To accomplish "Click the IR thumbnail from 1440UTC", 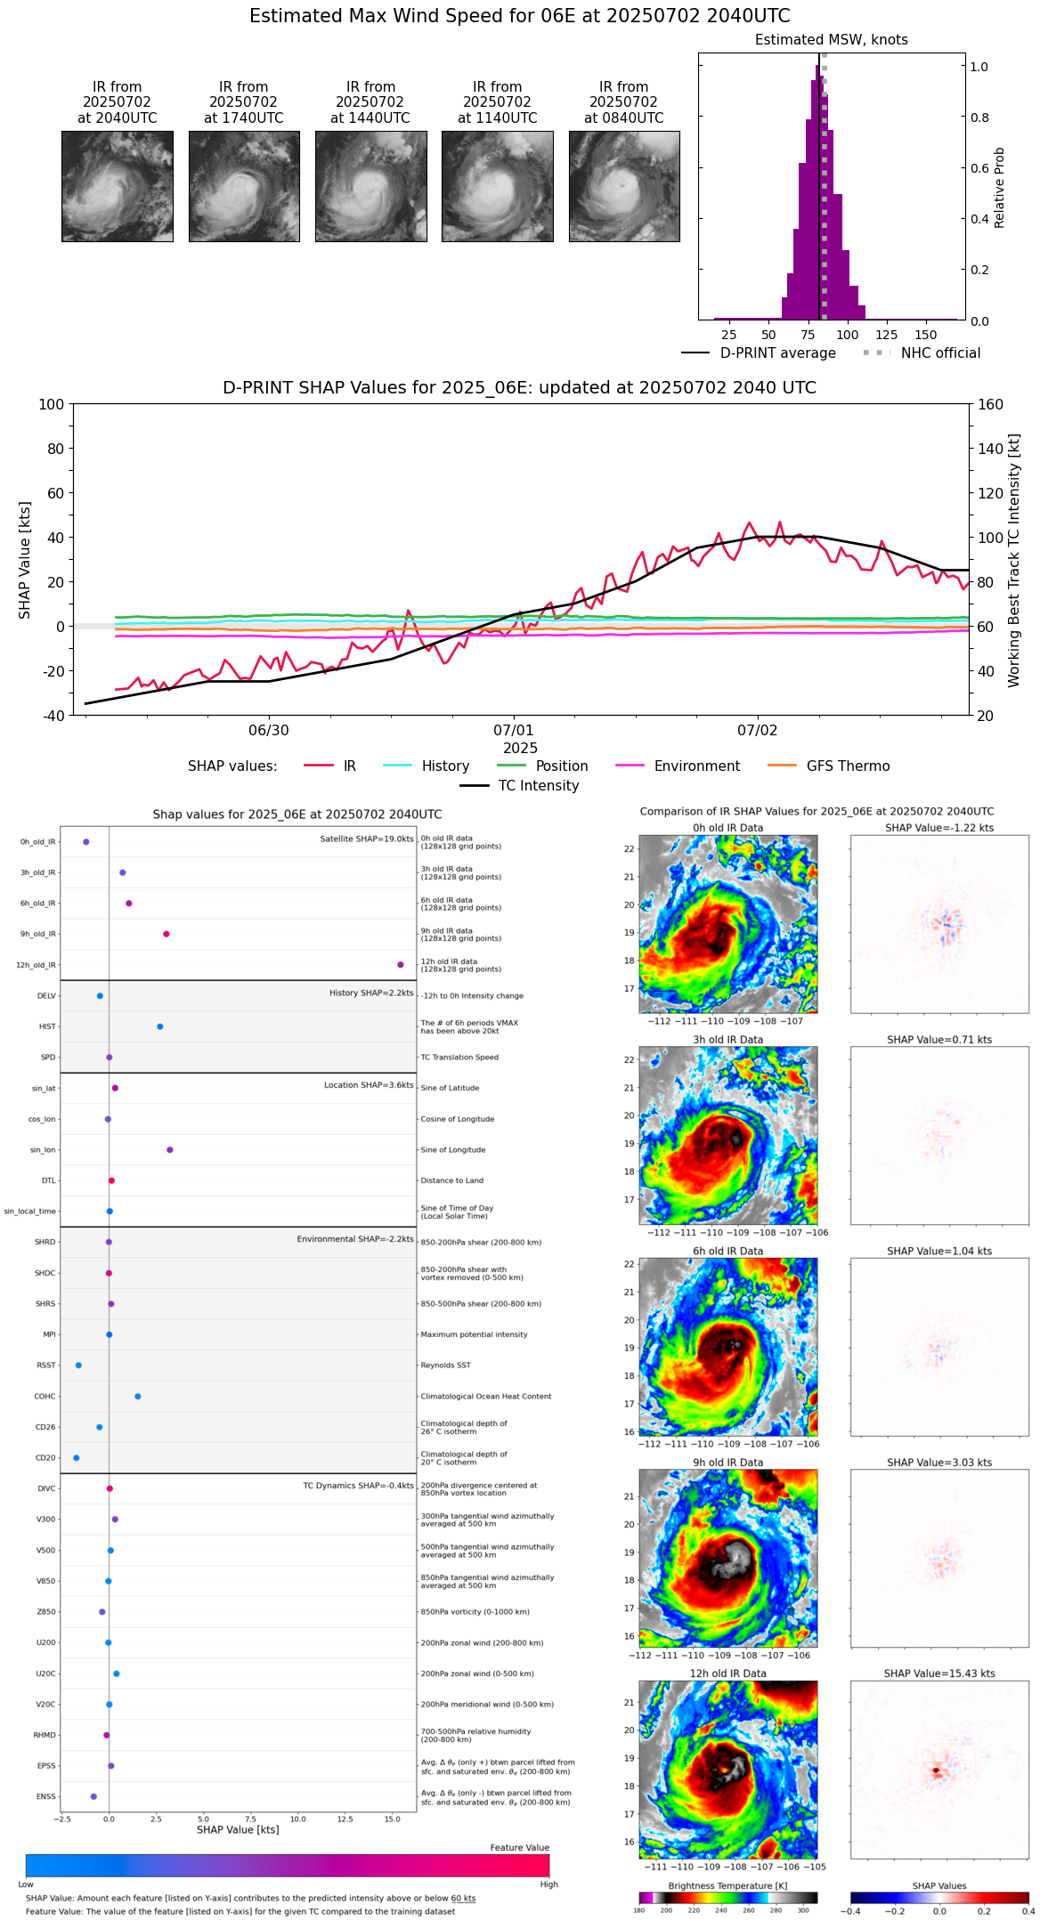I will [x=370, y=186].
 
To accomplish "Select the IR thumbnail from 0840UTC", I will [x=624, y=186].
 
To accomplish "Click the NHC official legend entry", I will [x=939, y=353].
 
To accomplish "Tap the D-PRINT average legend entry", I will [x=777, y=353].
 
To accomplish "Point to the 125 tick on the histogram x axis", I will [x=886, y=335].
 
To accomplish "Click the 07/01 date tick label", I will [x=513, y=731].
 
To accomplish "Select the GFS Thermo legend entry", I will [x=847, y=766].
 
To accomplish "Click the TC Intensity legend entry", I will [x=538, y=786].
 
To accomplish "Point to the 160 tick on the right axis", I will [x=990, y=405].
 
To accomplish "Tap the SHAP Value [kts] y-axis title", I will [x=25, y=560].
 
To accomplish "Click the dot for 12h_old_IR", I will [x=401, y=965].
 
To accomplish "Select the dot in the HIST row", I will [x=160, y=1026].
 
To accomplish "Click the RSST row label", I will [x=46, y=1366].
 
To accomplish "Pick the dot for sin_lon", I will [x=170, y=1150].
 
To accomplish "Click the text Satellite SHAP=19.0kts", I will [x=366, y=839].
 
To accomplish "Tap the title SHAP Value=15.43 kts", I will [x=938, y=1674].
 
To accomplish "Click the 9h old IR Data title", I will [x=727, y=1463].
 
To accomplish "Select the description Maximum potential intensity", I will [x=474, y=1335].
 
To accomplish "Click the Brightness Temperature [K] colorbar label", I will [x=727, y=1886].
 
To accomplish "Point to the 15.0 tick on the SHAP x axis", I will [x=393, y=1820].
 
